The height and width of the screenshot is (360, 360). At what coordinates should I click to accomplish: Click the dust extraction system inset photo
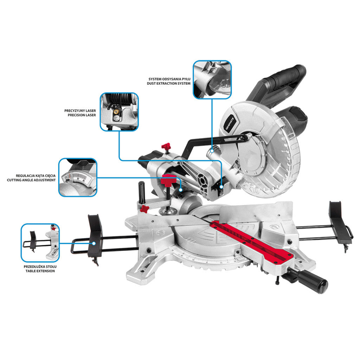(x=212, y=80)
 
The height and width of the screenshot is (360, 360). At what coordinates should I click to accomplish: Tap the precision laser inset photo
(x=119, y=112)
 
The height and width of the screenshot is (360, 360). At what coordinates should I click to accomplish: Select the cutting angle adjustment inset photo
(x=78, y=177)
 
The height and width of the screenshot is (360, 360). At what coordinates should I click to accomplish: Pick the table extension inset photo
(x=40, y=243)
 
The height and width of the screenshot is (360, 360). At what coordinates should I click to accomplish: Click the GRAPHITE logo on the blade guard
(x=230, y=124)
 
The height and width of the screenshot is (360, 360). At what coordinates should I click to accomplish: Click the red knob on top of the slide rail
(x=166, y=146)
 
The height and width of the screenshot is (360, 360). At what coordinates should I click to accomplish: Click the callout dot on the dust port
(x=212, y=151)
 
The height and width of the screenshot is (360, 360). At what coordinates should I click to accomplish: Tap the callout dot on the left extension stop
(x=94, y=243)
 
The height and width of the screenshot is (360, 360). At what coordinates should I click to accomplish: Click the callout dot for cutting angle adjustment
(x=181, y=190)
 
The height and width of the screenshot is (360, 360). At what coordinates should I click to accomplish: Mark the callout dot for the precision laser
(x=221, y=187)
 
